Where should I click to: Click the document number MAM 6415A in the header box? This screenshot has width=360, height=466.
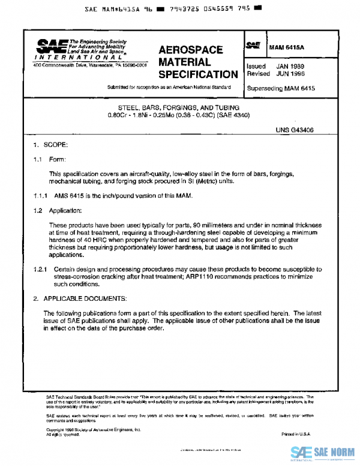pos(287,46)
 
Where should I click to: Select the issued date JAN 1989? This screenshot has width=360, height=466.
pos(292,65)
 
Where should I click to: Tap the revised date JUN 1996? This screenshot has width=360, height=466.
pos(292,73)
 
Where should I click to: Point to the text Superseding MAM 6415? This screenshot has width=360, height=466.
pos(281,88)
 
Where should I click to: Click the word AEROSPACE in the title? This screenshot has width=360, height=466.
pos(190,50)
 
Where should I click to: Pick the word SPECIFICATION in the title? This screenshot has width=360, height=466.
pos(198,74)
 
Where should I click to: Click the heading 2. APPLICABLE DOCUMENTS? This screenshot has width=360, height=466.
pos(79,298)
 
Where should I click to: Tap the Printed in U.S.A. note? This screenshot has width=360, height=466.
pos(296,434)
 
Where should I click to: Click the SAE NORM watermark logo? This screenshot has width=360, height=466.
pos(324,453)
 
